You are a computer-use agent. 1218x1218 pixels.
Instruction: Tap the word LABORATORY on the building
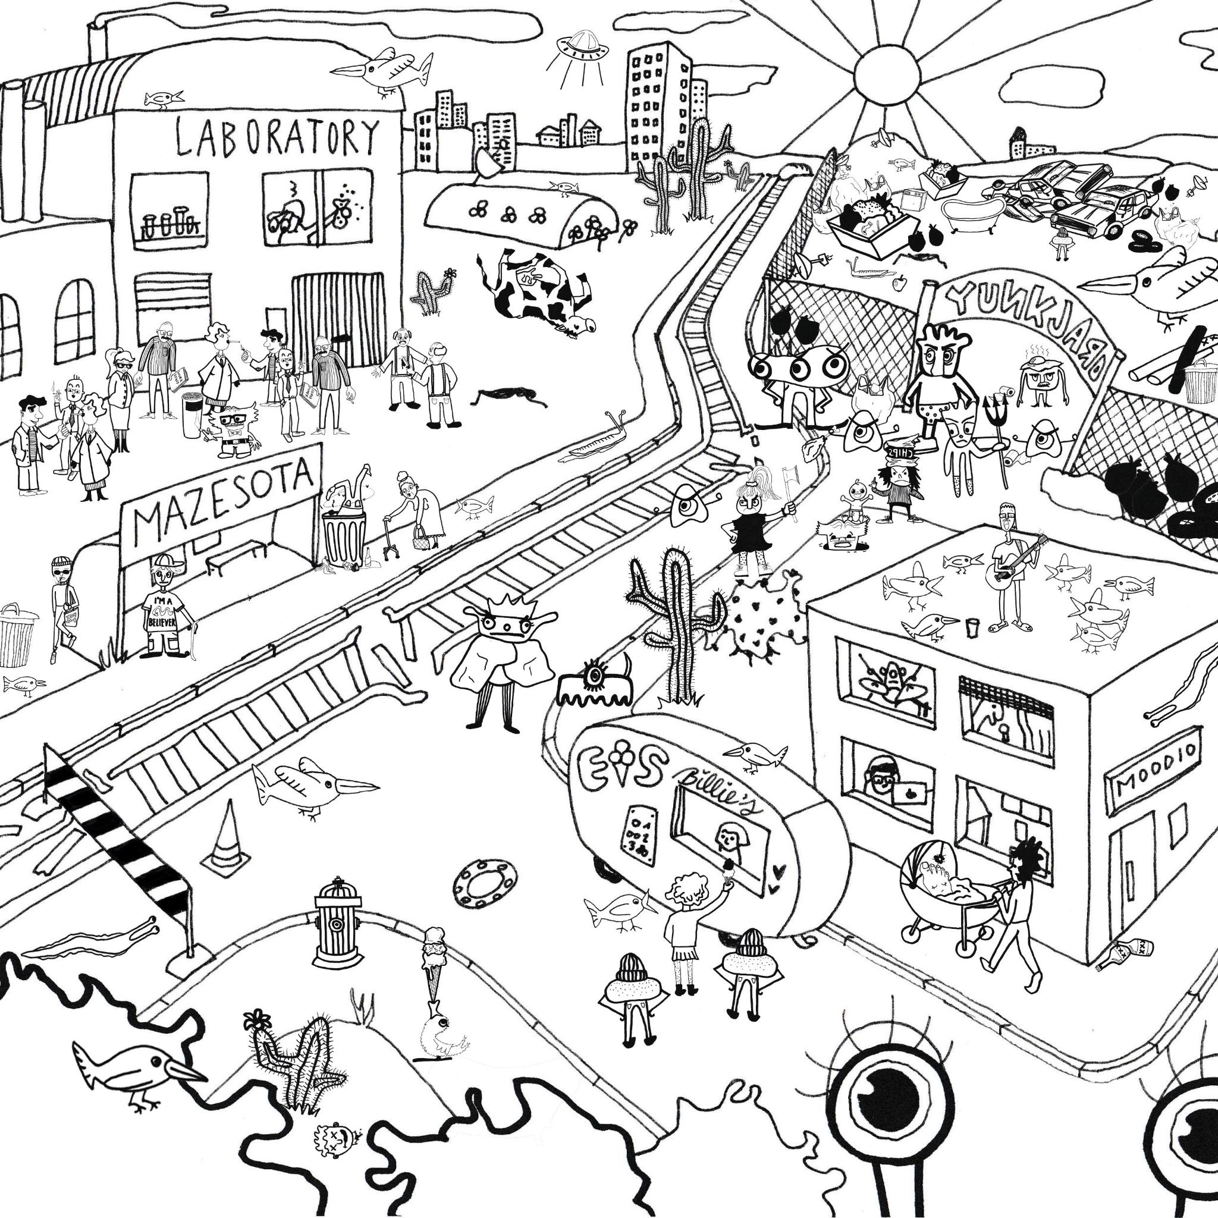[277, 137]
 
